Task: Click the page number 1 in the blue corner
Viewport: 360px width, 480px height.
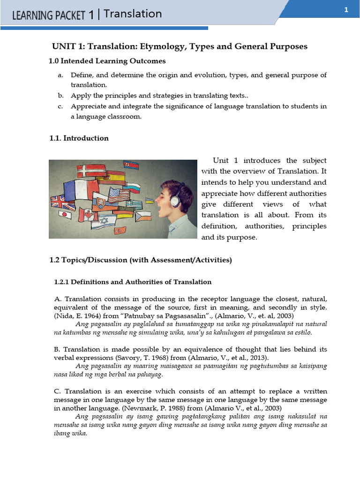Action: tap(346, 10)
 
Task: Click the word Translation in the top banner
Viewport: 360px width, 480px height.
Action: tap(133, 14)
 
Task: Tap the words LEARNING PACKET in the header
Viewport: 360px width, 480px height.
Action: tap(49, 15)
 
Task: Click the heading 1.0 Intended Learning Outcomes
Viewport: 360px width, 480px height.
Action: tap(107, 61)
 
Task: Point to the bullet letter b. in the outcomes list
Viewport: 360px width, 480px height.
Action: tap(60, 95)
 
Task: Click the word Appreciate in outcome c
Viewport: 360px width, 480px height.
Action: tap(89, 106)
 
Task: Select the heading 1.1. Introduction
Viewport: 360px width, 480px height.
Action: tap(79, 138)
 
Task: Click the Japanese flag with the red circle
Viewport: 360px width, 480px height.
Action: tap(66, 215)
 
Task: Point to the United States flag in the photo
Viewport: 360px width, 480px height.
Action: tap(119, 194)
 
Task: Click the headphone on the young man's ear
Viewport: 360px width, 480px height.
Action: tap(175, 200)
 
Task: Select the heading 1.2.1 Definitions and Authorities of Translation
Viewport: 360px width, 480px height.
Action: tap(133, 282)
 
